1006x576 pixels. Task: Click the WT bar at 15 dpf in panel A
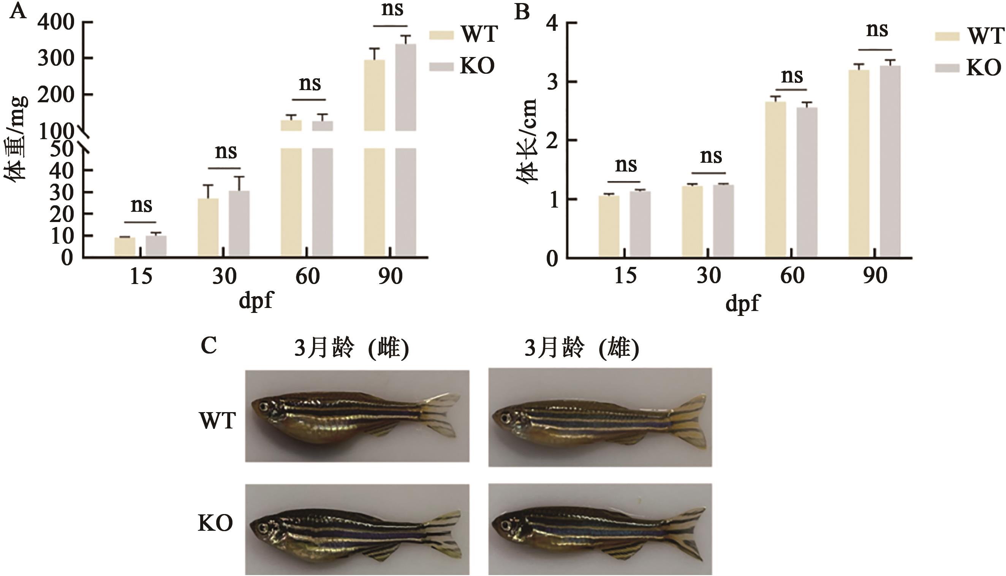click(125, 246)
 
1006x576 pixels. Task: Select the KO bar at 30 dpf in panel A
click(239, 224)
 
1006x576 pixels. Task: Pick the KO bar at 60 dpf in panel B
click(807, 182)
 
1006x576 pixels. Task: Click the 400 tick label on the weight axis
click(56, 22)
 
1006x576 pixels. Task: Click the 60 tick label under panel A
click(307, 276)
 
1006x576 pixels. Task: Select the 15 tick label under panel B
click(625, 276)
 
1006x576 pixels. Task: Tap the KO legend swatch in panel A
click(441, 67)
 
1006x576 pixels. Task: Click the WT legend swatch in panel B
click(947, 37)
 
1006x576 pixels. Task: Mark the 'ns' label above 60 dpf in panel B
click(792, 76)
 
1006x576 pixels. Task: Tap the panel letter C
click(208, 346)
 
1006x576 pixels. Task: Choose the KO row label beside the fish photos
click(215, 524)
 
